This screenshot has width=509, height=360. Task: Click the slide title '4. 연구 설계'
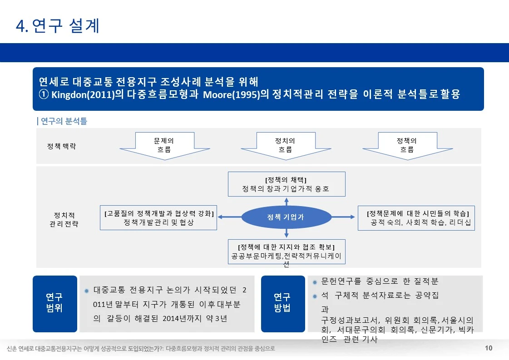pos(58,26)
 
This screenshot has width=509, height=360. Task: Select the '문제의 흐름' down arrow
pos(165,146)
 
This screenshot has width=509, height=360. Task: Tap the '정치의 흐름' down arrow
pos(286,146)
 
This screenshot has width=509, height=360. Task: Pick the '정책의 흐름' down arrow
pos(407,146)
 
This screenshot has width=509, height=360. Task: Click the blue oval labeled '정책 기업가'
pos(287,217)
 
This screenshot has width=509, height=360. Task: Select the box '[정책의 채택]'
pos(287,184)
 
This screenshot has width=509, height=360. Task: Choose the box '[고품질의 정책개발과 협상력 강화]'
pos(158,217)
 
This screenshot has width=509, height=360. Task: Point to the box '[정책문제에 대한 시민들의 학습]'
pos(416,218)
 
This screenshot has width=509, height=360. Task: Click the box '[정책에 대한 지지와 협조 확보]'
pos(287,252)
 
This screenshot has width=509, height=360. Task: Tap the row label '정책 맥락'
pos(61,146)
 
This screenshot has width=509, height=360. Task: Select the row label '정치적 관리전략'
pos(64,219)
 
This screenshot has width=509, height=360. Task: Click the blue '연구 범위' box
pos(55,304)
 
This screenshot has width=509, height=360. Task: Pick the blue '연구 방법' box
pos(283,304)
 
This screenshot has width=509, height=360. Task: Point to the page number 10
pos(489,348)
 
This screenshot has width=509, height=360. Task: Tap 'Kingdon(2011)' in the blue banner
pos(83,94)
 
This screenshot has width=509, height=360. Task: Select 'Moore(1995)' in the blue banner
pos(232,94)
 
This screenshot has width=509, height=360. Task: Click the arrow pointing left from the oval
pos(229,217)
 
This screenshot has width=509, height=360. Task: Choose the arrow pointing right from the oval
pos(343,217)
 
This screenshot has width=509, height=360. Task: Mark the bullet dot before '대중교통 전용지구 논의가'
pos(87,291)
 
